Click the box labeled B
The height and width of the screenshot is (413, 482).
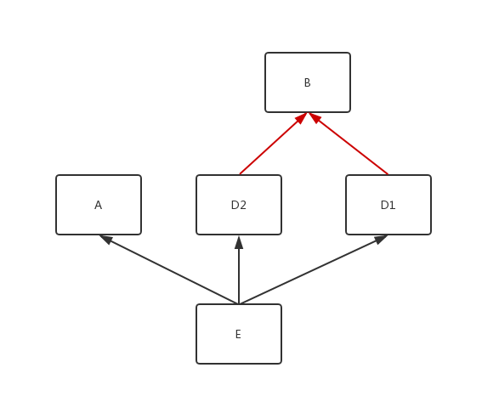[308, 82]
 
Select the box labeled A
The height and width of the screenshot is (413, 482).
[99, 205]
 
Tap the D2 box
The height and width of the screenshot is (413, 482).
[239, 205]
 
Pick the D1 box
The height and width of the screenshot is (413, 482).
[388, 205]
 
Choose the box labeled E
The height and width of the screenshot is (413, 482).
[239, 334]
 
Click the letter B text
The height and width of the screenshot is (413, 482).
[308, 82]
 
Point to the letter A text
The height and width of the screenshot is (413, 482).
[98, 205]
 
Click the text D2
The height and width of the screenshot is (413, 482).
[239, 205]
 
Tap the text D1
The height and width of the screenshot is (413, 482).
[388, 205]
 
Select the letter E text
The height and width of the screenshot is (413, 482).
[238, 334]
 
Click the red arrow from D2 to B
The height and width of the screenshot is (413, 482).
[273, 144]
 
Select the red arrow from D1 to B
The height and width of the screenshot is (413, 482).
[348, 144]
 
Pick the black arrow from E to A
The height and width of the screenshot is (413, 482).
[169, 269]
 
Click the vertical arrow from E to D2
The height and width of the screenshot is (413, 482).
[239, 269]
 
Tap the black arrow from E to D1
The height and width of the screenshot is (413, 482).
[314, 269]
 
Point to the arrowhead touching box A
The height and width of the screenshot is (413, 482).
[105, 239]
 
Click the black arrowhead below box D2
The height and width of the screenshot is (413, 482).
[239, 242]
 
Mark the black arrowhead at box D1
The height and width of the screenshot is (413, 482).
[381, 239]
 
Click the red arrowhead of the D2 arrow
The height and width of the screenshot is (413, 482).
[302, 118]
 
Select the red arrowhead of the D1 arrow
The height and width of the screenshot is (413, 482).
[315, 117]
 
